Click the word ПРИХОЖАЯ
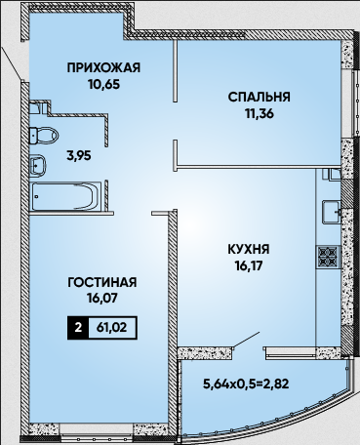pyautogui.click(x=103, y=68)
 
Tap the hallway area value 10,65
pyautogui.click(x=103, y=84)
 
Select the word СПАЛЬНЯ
pyautogui.click(x=259, y=98)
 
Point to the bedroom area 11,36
pyautogui.click(x=260, y=113)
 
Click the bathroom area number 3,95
pyautogui.click(x=79, y=156)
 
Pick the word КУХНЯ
pyautogui.click(x=249, y=250)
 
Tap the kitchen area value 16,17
pyautogui.click(x=249, y=266)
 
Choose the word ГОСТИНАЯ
pyautogui.click(x=102, y=282)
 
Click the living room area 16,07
pyautogui.click(x=102, y=299)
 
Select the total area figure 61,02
pyautogui.click(x=112, y=328)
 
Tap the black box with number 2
pyautogui.click(x=78, y=328)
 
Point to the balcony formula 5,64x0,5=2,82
pyautogui.click(x=246, y=384)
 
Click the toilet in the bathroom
pyautogui.click(x=43, y=136)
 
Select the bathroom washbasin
pyautogui.click(x=38, y=166)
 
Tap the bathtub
pyautogui.click(x=65, y=196)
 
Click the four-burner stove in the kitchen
pyautogui.click(x=328, y=257)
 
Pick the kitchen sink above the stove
pyautogui.click(x=331, y=212)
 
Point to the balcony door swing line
pyautogui.click(x=247, y=341)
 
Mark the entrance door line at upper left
pyautogui.click(x=12, y=63)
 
